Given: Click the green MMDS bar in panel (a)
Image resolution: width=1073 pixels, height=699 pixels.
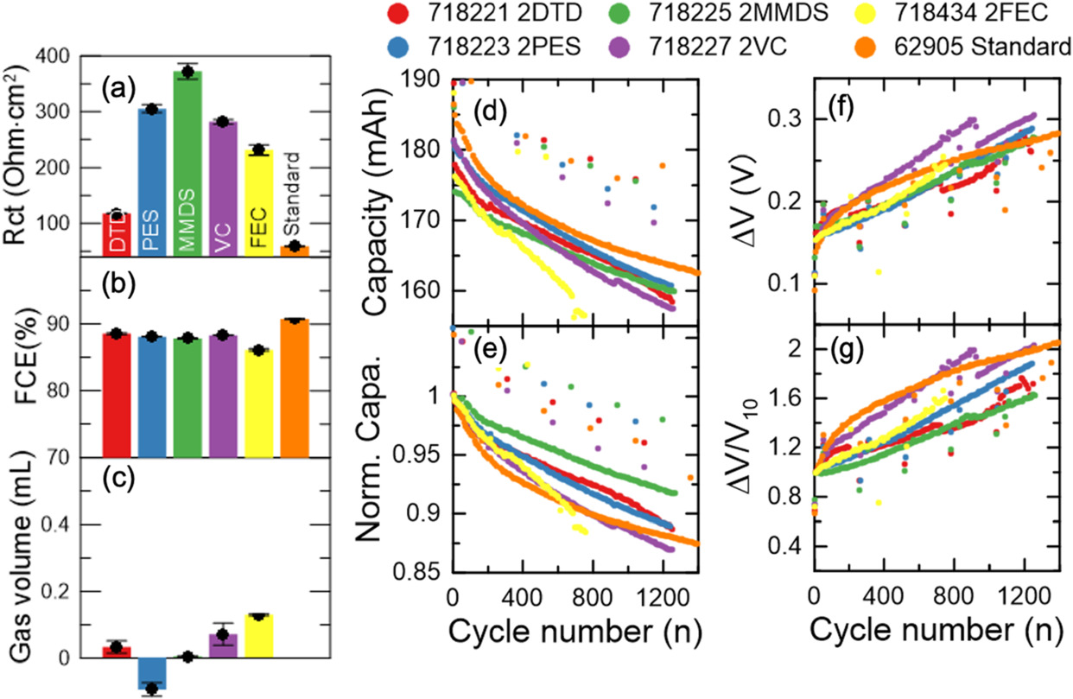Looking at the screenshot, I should point(187,164).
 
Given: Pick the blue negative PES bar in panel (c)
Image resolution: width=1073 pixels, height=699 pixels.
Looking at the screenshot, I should point(152,673).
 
